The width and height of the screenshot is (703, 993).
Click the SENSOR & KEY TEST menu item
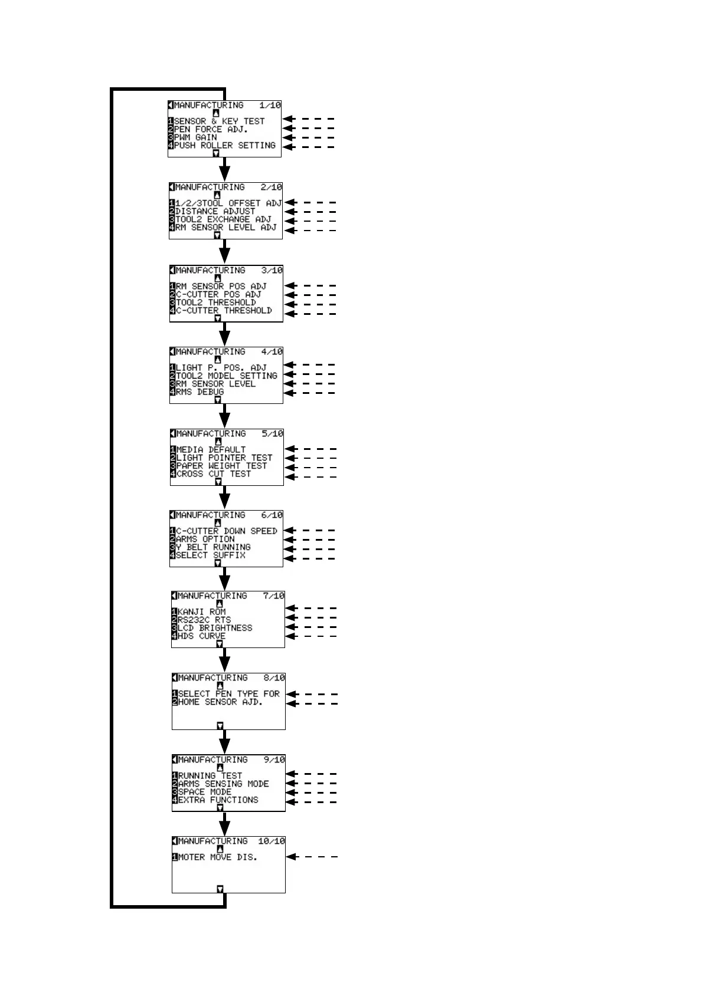[219, 121]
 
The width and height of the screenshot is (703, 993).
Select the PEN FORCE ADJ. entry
[211, 129]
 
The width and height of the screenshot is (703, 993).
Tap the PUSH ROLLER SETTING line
[224, 145]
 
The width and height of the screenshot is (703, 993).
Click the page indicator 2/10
[271, 187]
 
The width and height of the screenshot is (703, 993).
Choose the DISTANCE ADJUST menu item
[215, 211]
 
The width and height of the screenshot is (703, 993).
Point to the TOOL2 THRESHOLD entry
[215, 302]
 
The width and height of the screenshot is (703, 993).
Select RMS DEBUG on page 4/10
[200, 392]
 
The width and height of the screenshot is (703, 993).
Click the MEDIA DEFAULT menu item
[211, 449]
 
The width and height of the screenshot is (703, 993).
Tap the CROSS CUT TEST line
[214, 474]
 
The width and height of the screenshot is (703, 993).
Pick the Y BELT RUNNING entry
[213, 547]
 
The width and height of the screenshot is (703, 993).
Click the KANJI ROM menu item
[201, 612]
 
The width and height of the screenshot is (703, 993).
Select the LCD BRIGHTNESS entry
[215, 628]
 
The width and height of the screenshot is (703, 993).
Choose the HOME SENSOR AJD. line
[220, 702]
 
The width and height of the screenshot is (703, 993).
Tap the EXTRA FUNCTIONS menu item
[218, 800]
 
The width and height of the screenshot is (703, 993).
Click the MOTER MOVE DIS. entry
[217, 857]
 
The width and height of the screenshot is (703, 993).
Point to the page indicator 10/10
[271, 841]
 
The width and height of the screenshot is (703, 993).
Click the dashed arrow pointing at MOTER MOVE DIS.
[312, 857]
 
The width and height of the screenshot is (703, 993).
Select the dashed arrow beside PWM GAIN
[309, 137]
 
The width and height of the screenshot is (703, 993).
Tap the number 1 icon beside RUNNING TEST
[175, 776]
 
